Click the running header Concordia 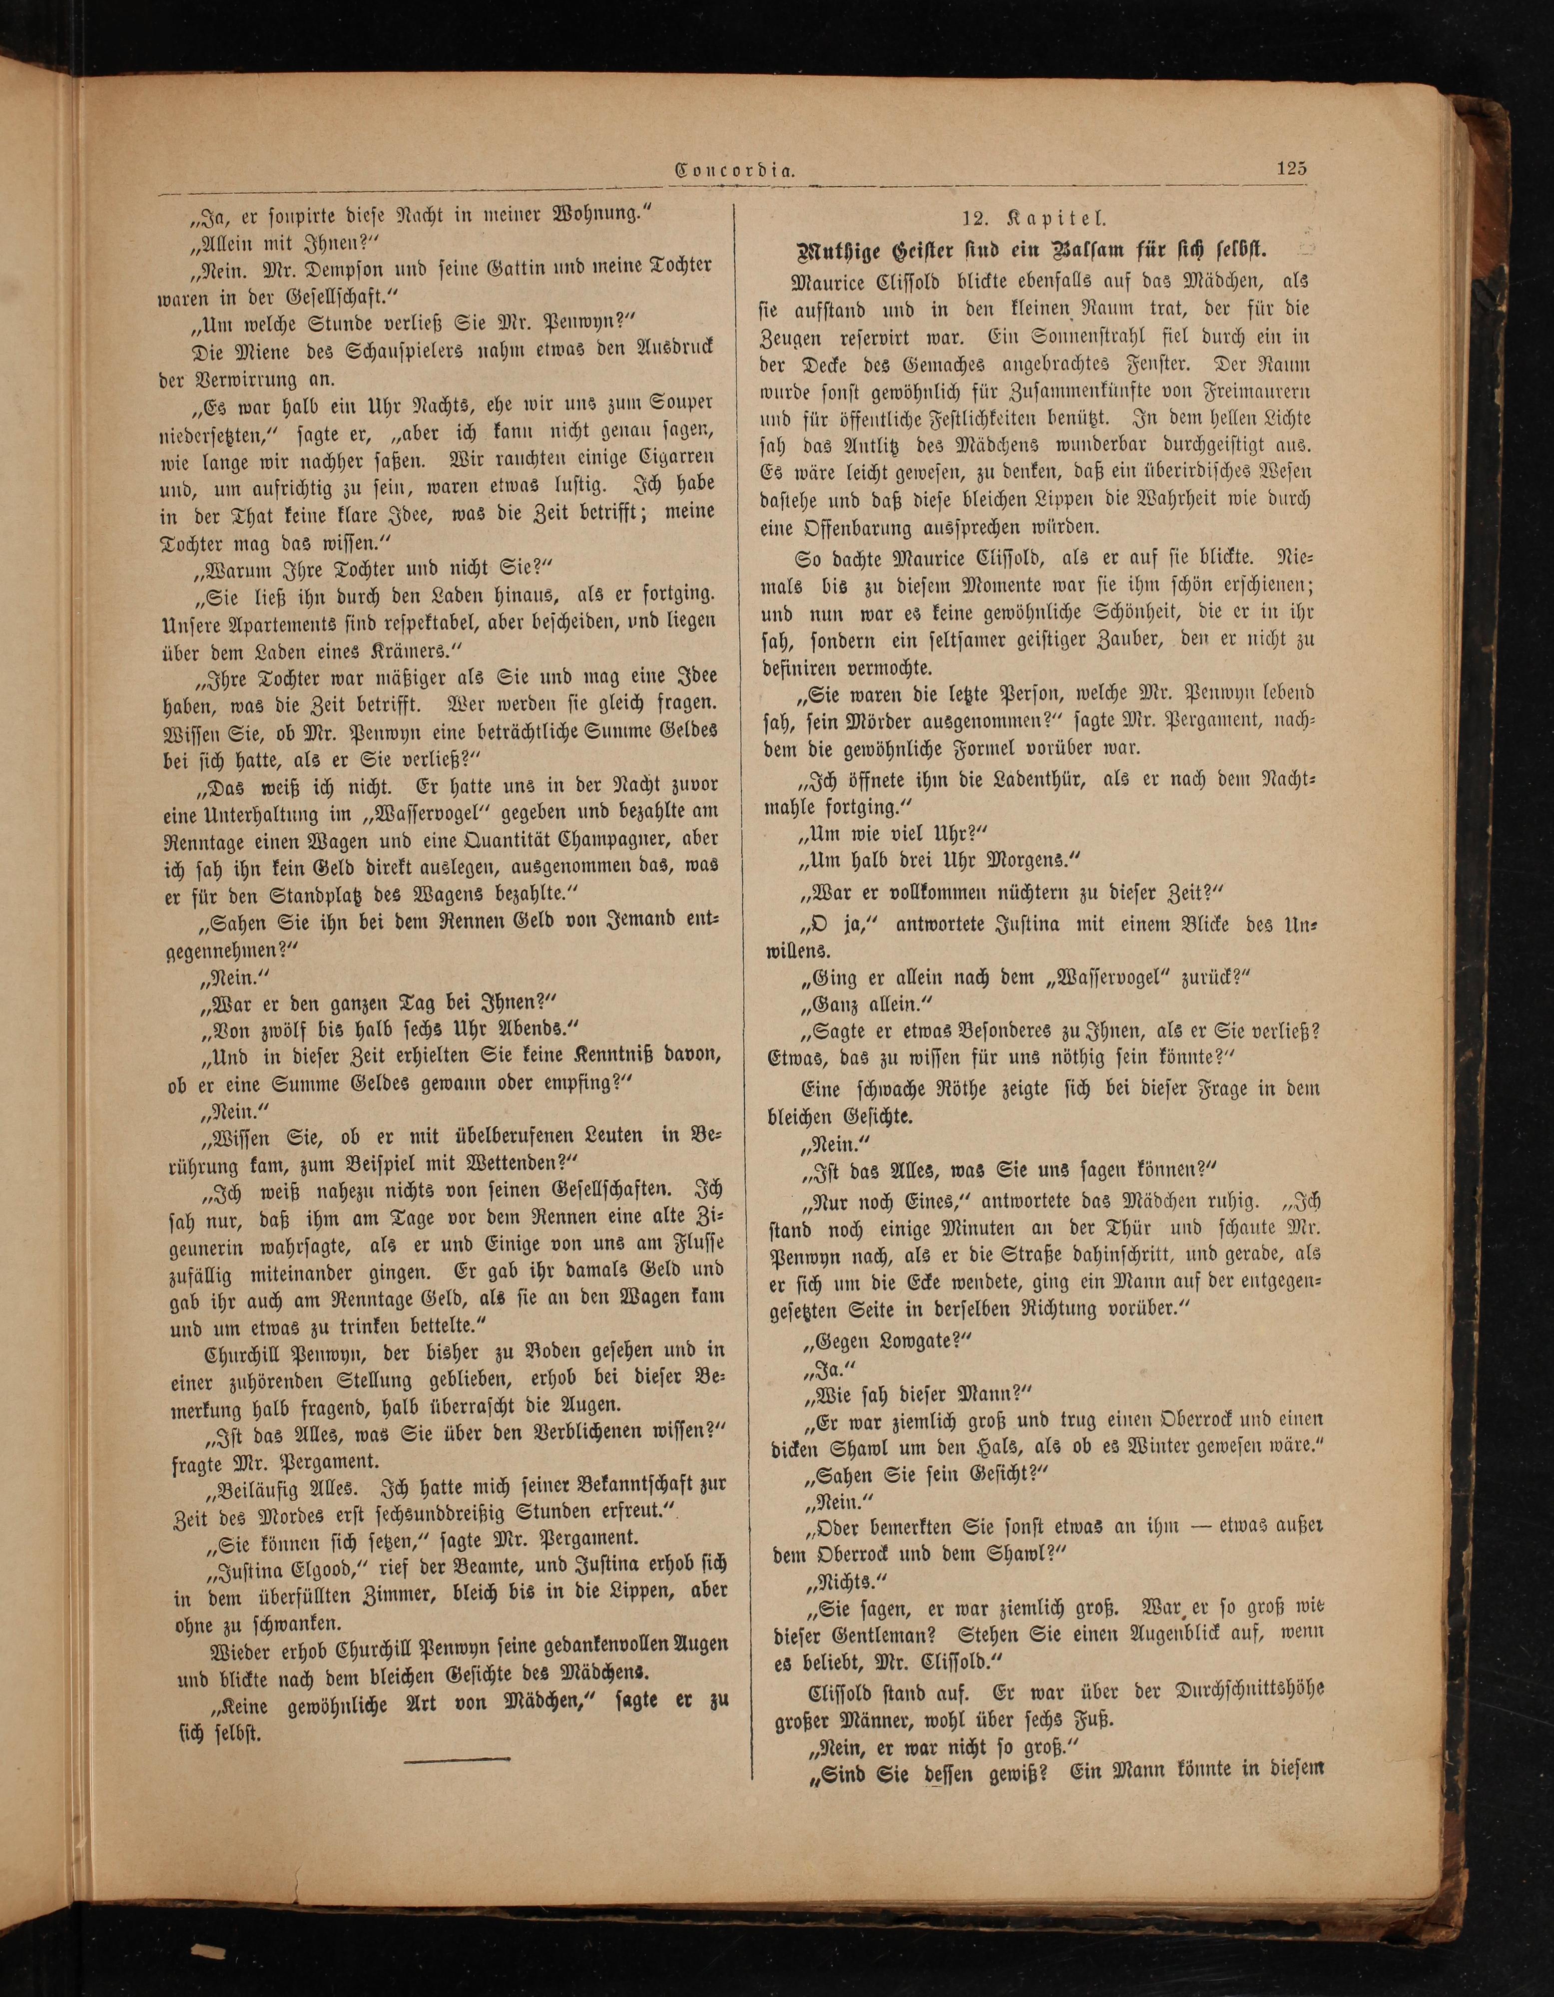[x=734, y=170]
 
